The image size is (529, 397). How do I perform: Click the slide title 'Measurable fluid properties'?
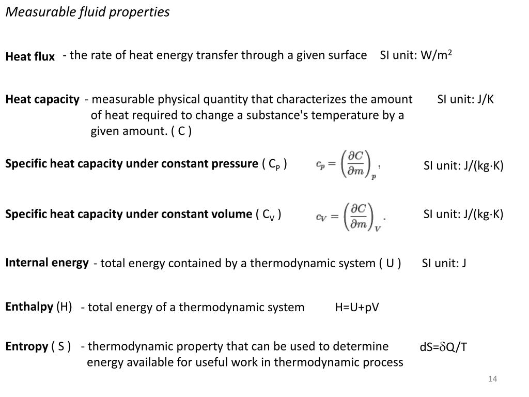(87, 12)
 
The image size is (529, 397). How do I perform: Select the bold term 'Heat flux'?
(30, 57)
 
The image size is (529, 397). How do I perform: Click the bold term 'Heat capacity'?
(42, 99)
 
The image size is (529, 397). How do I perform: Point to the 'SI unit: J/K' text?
(465, 99)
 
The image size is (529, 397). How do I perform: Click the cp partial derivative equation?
(348, 164)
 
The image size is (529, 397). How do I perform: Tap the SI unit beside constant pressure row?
(463, 166)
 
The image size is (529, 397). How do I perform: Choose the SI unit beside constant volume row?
(463, 214)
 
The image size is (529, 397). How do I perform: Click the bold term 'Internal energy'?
(47, 263)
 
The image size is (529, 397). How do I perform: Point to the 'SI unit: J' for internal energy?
(444, 263)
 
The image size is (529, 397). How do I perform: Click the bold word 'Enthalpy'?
(29, 307)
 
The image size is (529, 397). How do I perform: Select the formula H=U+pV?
(357, 308)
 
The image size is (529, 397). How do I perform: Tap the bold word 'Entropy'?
(26, 346)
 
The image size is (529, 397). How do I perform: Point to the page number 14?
(492, 379)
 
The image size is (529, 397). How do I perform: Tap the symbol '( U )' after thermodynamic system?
(390, 263)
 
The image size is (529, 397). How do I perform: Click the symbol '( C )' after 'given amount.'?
(181, 131)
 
